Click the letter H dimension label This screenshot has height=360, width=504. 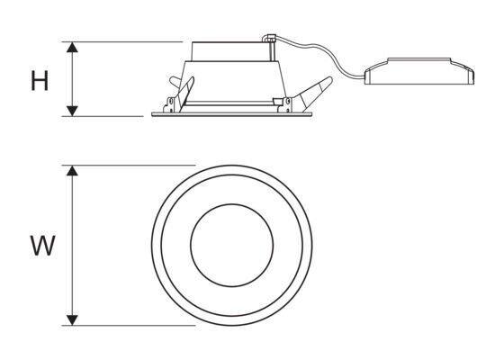pyautogui.click(x=40, y=80)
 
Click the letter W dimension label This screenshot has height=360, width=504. pyautogui.click(x=43, y=246)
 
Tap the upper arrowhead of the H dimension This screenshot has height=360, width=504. pyautogui.click(x=72, y=47)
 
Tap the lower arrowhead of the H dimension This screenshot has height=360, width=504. pyautogui.click(x=72, y=111)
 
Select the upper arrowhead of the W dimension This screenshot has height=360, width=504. pyautogui.click(x=72, y=171)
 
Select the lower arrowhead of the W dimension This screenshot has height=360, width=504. pyautogui.click(x=72, y=320)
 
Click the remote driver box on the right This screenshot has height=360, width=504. pyautogui.click(x=419, y=71)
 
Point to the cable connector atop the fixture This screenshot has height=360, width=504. pyautogui.click(x=269, y=38)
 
